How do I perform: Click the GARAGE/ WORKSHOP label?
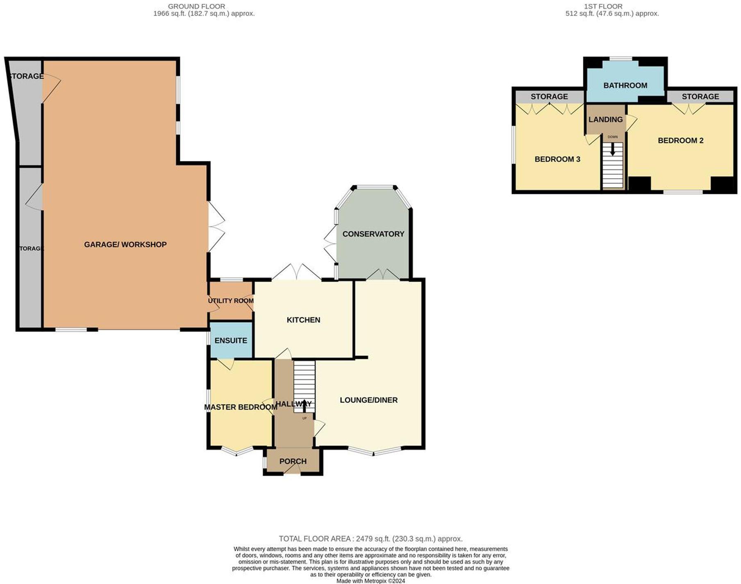125,245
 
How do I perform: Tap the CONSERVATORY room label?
373,234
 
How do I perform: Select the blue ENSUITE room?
231,341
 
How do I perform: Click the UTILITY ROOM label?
231,301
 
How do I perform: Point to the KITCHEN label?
303,320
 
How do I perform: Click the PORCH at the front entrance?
293,461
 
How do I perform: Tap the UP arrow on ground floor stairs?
304,406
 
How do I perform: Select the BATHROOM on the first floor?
625,85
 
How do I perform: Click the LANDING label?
605,120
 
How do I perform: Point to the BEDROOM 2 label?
680,141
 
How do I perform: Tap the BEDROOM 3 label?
557,159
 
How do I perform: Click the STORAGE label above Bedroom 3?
549,97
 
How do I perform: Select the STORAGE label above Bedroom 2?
700,97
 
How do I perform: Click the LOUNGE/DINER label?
368,400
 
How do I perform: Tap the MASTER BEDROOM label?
241,407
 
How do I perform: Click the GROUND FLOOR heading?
196,7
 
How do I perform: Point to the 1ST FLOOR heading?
603,7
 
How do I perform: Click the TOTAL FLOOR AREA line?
370,539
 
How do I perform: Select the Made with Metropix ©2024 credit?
370,581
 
